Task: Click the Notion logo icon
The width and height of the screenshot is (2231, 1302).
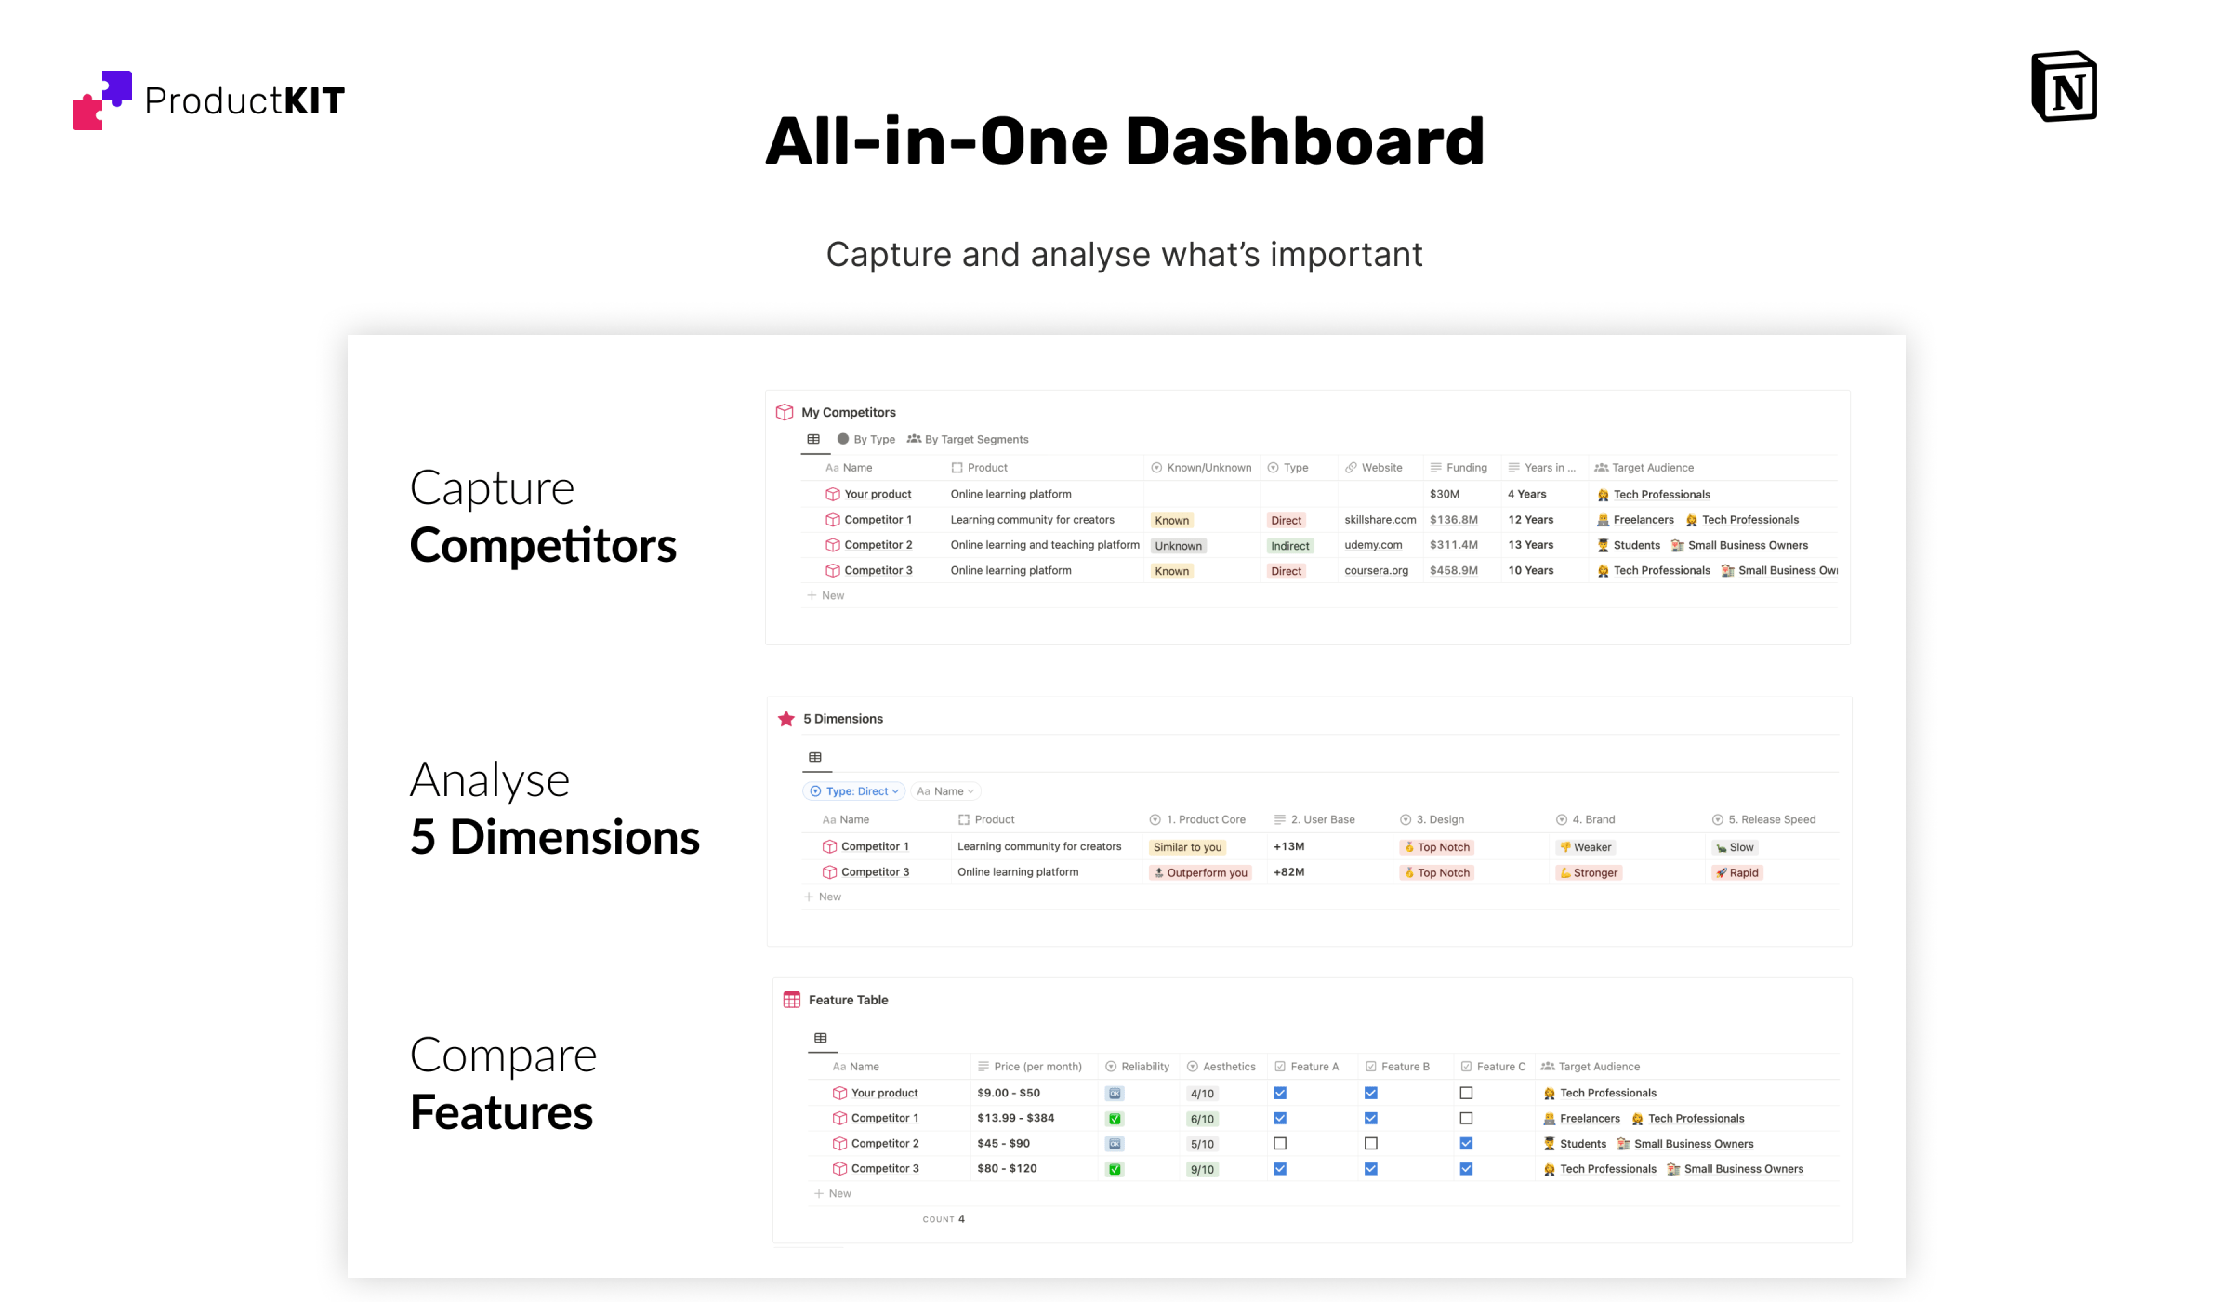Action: click(2064, 86)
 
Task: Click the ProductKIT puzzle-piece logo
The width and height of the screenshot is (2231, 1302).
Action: click(102, 100)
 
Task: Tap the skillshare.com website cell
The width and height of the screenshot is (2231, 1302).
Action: click(1380, 520)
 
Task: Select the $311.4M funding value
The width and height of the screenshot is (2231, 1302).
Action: click(1454, 545)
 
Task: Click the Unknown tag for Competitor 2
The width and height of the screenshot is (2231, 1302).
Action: click(1178, 546)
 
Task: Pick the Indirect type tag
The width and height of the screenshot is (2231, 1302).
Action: click(1289, 546)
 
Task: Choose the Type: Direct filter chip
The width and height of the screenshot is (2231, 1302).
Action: click(854, 791)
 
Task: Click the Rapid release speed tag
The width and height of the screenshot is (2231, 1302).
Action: click(1737, 872)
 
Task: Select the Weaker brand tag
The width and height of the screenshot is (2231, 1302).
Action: click(1586, 847)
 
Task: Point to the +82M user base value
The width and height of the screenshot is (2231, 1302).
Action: click(1288, 872)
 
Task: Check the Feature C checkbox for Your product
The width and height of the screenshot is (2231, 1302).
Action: click(1466, 1093)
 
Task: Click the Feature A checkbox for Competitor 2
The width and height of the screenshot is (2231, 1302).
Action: click(1280, 1143)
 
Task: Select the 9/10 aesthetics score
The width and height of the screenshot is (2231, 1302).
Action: click(1202, 1169)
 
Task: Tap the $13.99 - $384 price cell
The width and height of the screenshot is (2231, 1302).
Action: click(1015, 1118)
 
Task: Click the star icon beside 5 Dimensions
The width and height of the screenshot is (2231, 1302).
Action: click(786, 719)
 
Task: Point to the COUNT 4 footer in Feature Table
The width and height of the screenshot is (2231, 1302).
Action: click(944, 1219)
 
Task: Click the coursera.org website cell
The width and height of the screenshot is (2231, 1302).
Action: click(1376, 570)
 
